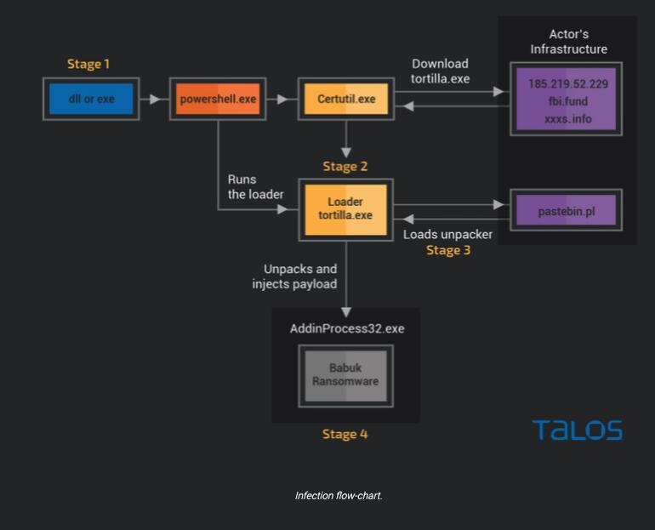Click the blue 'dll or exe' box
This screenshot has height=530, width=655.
[x=91, y=99]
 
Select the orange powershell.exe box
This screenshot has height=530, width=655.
[x=218, y=99]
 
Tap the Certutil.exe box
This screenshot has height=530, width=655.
[x=346, y=99]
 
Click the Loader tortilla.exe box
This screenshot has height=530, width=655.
[x=346, y=209]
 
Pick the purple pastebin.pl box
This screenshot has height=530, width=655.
[x=566, y=210]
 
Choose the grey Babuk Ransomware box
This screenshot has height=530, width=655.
[x=346, y=376]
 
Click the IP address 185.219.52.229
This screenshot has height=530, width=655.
[x=568, y=84]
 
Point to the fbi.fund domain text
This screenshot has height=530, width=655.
[x=568, y=101]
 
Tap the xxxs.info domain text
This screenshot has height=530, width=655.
[x=568, y=119]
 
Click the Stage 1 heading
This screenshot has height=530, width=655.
[x=88, y=64]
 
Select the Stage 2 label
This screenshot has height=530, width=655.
[x=345, y=166]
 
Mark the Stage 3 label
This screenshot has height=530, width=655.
[x=448, y=250]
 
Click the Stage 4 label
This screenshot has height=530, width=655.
[x=345, y=434]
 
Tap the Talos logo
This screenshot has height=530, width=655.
[x=578, y=430]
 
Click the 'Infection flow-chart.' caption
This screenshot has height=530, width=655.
[x=339, y=496]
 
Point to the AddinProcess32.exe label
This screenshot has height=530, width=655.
[x=347, y=328]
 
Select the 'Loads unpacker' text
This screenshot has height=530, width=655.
[x=447, y=234]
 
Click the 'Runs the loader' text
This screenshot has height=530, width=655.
[x=255, y=187]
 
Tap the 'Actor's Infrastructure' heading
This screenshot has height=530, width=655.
[x=568, y=42]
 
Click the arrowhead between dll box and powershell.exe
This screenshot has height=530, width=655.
[x=155, y=99]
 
